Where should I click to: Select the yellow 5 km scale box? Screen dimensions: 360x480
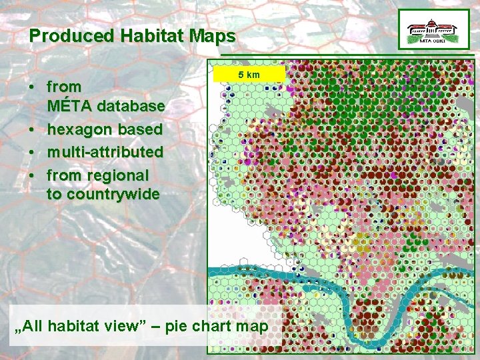click(249, 74)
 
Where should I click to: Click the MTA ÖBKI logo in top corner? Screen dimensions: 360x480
click(433, 30)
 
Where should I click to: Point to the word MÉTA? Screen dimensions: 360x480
click(69, 106)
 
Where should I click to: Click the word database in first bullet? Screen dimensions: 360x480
click(130, 106)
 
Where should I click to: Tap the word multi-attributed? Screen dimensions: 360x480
click(105, 151)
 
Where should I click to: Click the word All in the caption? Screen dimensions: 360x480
click(35, 327)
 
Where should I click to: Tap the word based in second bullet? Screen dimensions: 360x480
click(141, 129)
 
